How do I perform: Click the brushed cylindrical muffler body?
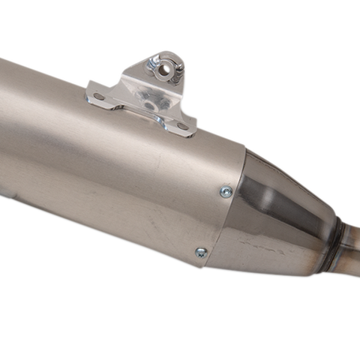[x=90, y=172]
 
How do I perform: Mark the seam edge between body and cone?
[x=217, y=217]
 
